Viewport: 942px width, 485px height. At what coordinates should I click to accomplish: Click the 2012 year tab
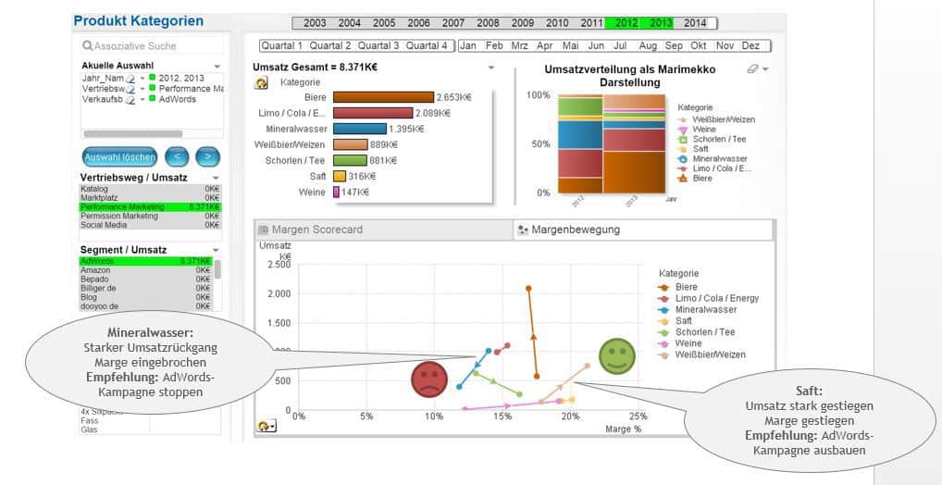pos(626,23)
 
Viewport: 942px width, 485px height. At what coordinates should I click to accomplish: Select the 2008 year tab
pos(488,23)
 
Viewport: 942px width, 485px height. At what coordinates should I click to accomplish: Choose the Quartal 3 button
pos(378,45)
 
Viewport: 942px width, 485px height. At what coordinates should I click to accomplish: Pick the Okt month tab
pos(699,45)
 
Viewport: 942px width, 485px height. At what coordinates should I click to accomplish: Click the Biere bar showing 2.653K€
pos(383,97)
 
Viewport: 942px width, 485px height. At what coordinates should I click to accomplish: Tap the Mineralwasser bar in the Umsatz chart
pos(360,129)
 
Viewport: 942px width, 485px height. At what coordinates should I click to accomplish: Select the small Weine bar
pos(336,192)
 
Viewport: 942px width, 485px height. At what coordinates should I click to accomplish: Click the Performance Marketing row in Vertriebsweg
pos(148,207)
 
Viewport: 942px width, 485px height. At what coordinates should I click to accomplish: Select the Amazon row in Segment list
pos(148,270)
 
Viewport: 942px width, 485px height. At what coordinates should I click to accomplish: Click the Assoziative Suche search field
pos(150,45)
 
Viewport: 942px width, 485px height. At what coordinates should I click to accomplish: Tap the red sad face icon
pos(429,379)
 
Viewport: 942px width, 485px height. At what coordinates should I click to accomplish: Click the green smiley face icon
pos(616,355)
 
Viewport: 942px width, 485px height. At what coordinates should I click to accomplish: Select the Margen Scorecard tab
pos(317,230)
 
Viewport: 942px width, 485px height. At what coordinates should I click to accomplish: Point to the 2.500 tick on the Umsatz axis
pos(279,265)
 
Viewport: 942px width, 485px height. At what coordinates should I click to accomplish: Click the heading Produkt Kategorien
pos(138,21)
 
